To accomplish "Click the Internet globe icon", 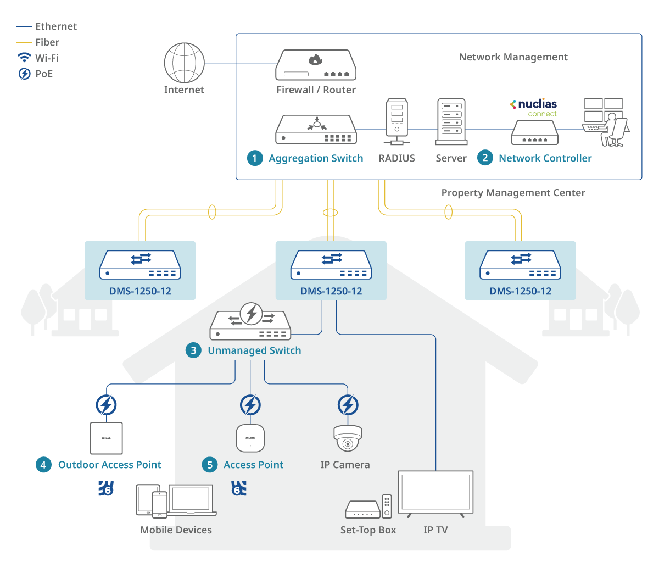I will tap(185, 63).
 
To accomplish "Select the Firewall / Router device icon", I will tap(316, 65).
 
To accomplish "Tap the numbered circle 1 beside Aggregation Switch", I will tap(254, 158).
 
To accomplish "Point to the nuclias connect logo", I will tap(534, 107).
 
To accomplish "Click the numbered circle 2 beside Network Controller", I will tap(485, 158).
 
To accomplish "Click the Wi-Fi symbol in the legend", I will tap(24, 58).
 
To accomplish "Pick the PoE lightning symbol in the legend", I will tap(24, 74).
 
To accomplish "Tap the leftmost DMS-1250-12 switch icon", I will tap(140, 265).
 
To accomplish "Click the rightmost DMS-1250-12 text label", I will tap(520, 292).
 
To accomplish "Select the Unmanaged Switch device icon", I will tap(250, 324).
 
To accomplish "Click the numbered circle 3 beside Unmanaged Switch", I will tap(193, 350).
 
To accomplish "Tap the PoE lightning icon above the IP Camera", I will tap(348, 405).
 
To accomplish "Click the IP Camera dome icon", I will tap(348, 438).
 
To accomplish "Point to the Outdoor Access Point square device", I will tap(106, 438).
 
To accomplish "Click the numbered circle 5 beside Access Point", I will tap(210, 465).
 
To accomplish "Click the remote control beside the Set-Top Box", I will tap(387, 506).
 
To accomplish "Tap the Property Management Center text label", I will tap(513, 193).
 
